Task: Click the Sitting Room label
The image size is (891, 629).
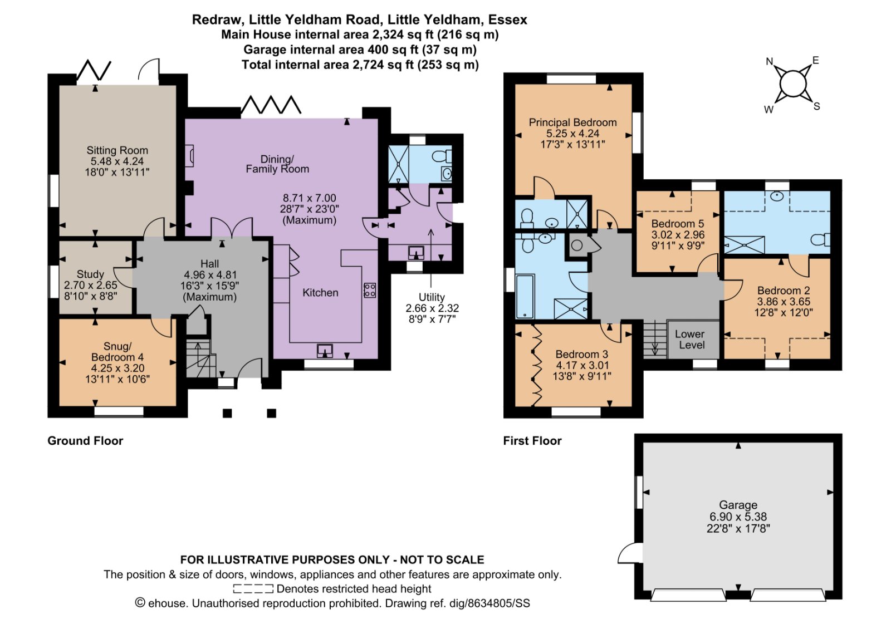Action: click(117, 150)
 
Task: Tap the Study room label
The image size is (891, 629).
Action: click(90, 274)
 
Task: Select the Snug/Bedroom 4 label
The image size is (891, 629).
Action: click(118, 351)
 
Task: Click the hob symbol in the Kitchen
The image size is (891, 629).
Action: click(370, 290)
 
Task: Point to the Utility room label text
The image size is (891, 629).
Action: click(432, 297)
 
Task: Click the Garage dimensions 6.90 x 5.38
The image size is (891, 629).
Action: click(738, 517)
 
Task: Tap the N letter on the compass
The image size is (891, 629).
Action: click(770, 61)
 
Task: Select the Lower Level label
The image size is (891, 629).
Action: click(690, 340)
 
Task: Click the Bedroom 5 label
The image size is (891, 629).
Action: click(678, 224)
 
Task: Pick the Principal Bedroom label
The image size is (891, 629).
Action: click(572, 122)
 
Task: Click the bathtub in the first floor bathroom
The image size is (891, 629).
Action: click(525, 296)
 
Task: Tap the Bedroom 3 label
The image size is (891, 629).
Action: click(581, 355)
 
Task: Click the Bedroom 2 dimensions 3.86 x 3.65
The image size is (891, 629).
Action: click(783, 302)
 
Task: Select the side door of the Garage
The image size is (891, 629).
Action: click(630, 554)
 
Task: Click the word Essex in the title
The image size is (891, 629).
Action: click(507, 20)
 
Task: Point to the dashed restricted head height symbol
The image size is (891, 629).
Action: click(253, 589)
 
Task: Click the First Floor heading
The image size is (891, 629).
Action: click(532, 441)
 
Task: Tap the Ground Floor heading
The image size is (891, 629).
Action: click(85, 441)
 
